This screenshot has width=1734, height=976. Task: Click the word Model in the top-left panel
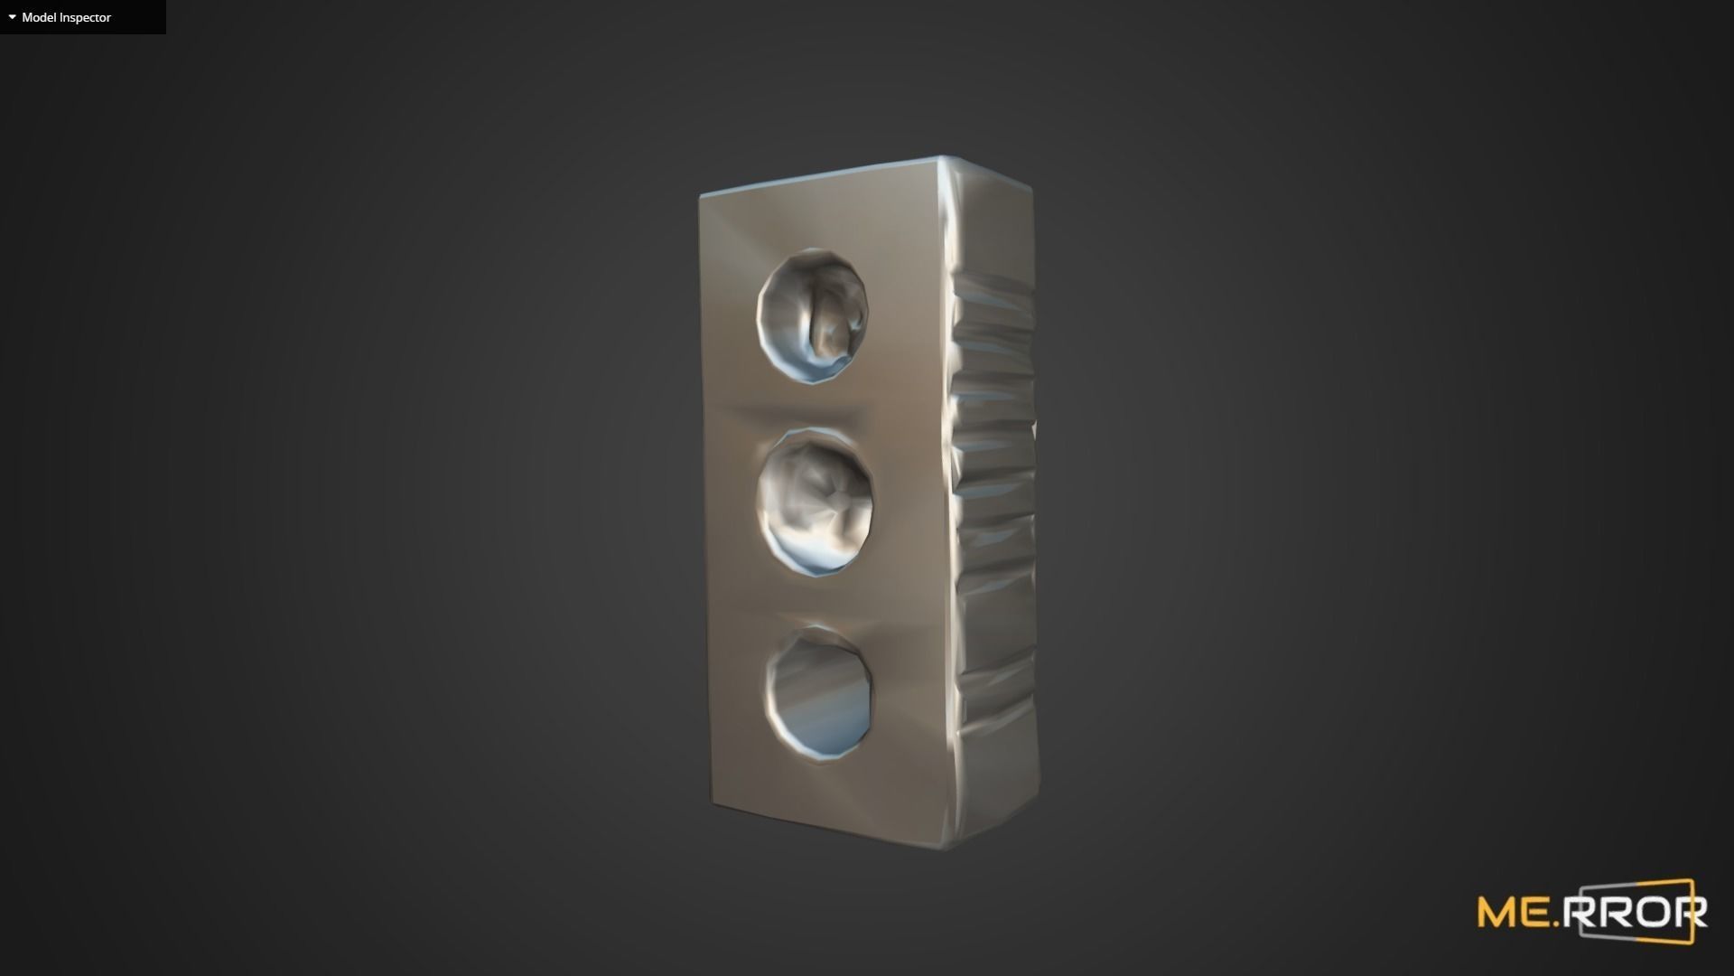[39, 17]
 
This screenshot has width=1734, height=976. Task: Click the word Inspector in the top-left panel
[86, 17]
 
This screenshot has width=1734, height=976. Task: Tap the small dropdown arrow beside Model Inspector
[12, 17]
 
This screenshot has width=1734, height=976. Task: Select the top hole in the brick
[813, 317]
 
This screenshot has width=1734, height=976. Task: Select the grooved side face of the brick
[993, 506]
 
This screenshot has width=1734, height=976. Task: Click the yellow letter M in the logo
[1498, 913]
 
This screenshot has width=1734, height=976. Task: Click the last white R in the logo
[1691, 913]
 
